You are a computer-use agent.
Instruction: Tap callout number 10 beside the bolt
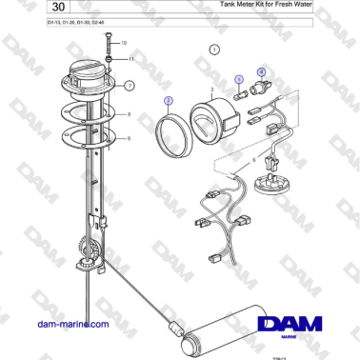[x=123, y=44]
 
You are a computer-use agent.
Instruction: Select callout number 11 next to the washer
[x=130, y=58]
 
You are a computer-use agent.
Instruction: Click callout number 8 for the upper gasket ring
[x=130, y=113]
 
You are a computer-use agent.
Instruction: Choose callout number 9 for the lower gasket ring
[x=130, y=138]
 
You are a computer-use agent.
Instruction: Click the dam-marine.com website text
[x=69, y=325]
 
